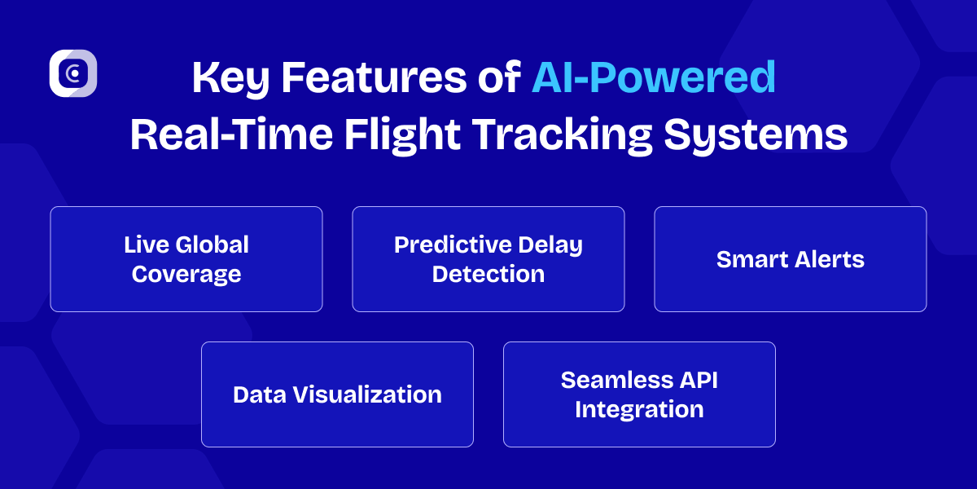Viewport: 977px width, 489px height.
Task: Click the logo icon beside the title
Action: pos(73,73)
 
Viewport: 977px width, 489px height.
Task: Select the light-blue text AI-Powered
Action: pos(654,79)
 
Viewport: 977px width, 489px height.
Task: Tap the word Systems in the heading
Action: pos(756,135)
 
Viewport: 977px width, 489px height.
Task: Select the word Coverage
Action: pos(186,274)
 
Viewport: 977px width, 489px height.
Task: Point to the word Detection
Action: pos(488,274)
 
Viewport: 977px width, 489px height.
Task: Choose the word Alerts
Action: pos(828,259)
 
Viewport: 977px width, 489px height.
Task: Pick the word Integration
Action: pos(639,409)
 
